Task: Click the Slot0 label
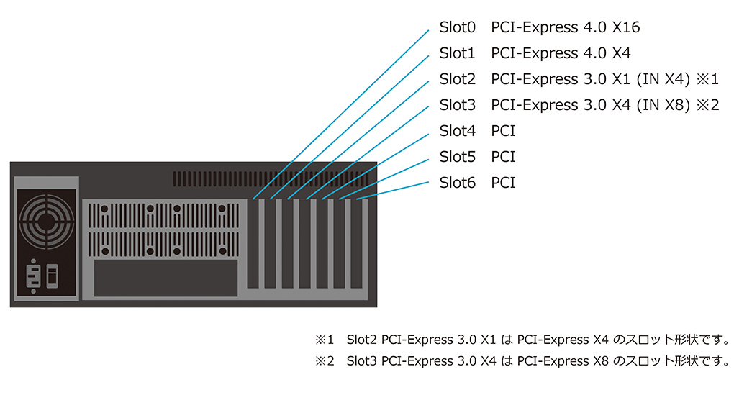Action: pyautogui.click(x=457, y=27)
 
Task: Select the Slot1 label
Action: pyautogui.click(x=457, y=53)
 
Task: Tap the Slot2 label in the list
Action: pyautogui.click(x=457, y=79)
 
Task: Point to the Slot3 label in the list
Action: pyautogui.click(x=457, y=105)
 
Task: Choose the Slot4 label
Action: pyautogui.click(x=457, y=130)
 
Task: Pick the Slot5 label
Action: pyautogui.click(x=457, y=157)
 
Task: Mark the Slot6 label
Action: pyautogui.click(x=457, y=183)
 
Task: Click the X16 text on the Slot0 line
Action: pyautogui.click(x=626, y=27)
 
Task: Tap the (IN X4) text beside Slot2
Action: pyautogui.click(x=663, y=79)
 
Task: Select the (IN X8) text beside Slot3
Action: pyautogui.click(x=663, y=105)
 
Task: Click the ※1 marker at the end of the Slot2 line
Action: pyautogui.click(x=707, y=79)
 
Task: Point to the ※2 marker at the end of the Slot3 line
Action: pyautogui.click(x=707, y=105)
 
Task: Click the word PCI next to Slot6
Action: pyautogui.click(x=503, y=183)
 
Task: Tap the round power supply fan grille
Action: pyautogui.click(x=46, y=222)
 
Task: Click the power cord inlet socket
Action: pyautogui.click(x=33, y=276)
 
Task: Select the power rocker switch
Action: pyautogui.click(x=53, y=276)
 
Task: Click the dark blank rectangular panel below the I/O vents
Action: pyautogui.click(x=166, y=278)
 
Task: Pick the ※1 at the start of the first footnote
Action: pyautogui.click(x=325, y=340)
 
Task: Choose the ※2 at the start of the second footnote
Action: pyautogui.click(x=325, y=361)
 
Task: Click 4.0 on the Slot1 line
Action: pyautogui.click(x=595, y=53)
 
